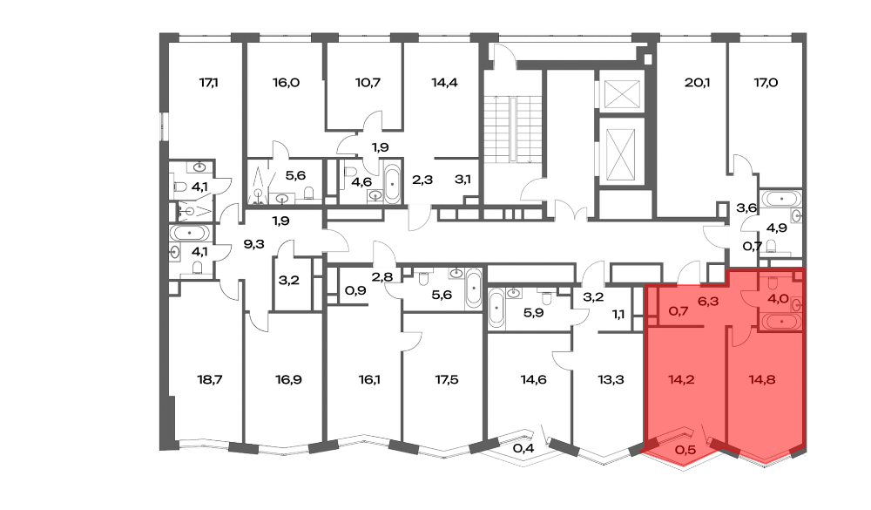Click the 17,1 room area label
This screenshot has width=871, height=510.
208,83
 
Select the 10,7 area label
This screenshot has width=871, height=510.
368,83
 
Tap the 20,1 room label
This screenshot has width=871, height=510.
697,83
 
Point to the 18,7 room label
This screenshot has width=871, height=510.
209,380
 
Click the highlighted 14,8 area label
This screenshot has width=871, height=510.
762,380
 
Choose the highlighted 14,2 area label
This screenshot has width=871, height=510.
681,380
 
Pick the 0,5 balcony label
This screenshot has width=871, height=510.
685,449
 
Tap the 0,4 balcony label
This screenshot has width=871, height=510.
523,448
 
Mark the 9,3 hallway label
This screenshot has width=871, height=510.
253,244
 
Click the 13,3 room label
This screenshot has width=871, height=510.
611,380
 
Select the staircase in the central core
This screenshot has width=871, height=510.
512,130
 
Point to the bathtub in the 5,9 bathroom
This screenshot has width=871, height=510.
496,309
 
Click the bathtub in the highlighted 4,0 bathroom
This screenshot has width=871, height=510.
781,322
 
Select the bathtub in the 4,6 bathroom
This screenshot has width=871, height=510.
392,183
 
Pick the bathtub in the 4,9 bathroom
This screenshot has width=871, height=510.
781,199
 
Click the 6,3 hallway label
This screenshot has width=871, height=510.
708,302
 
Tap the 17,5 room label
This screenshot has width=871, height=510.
447,380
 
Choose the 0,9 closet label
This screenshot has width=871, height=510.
355,290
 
